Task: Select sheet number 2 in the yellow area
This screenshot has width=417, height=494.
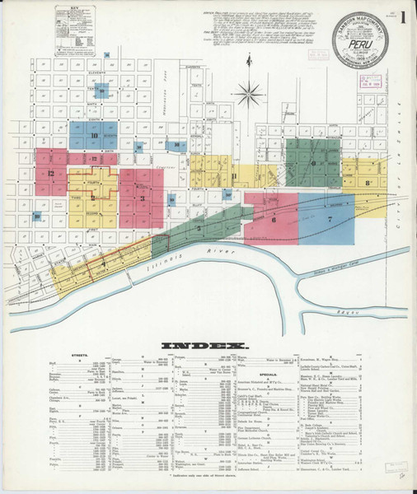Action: coord(93,198)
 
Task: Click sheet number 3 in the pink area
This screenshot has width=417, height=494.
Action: coord(142,198)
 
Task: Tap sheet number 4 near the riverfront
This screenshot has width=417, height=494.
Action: coord(103,262)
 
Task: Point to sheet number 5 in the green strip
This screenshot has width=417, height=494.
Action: coord(199,226)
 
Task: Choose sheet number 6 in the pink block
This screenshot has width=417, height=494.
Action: coord(272,219)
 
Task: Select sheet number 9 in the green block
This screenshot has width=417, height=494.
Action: coord(314,162)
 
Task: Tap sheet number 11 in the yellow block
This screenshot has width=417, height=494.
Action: coord(235,176)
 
